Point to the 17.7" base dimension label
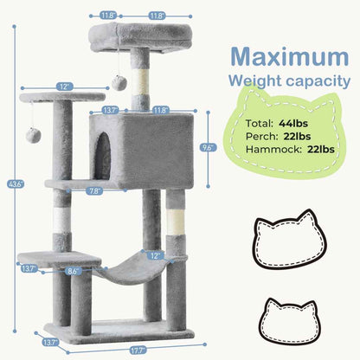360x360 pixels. coord(116,350)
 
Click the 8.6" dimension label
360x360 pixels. coord(75,272)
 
